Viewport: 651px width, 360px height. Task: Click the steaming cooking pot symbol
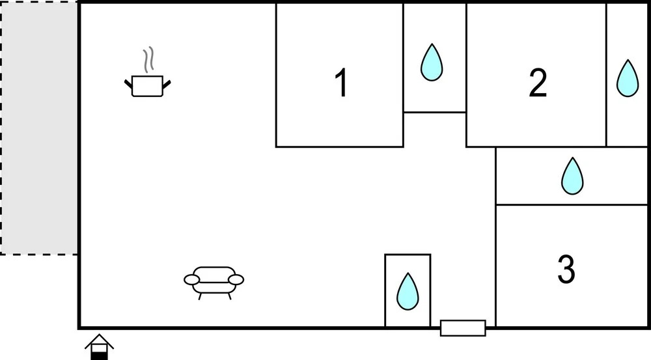(147, 85)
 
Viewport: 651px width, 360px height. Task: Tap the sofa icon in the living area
(214, 280)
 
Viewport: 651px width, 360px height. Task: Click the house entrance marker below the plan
(99, 346)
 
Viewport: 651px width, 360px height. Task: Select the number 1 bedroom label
(340, 84)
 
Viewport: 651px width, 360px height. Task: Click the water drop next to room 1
(432, 62)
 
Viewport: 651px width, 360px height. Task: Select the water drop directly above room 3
(572, 176)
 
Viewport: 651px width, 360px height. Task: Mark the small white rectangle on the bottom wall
(463, 328)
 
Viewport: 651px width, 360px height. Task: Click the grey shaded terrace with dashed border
(39, 128)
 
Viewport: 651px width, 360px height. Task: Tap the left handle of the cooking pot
(128, 83)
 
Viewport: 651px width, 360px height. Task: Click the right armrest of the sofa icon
(236, 279)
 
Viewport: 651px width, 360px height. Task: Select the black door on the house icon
(99, 353)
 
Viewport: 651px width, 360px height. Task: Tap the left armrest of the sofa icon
(191, 279)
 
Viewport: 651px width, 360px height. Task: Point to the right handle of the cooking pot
(167, 83)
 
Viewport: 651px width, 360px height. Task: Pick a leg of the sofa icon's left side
(201, 295)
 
